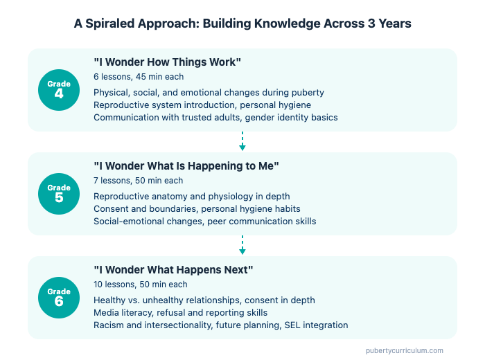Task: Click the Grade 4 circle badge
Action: [x=59, y=90]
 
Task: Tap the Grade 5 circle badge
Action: [x=59, y=193]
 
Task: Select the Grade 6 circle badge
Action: [x=59, y=297]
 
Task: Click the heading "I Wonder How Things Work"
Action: [x=167, y=62]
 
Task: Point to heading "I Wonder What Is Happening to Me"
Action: [x=186, y=166]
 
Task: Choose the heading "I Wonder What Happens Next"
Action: [x=173, y=270]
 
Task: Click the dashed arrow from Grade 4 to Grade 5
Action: [x=242, y=142]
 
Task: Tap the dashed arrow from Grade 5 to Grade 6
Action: [x=242, y=246]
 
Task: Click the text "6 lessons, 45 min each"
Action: [x=138, y=77]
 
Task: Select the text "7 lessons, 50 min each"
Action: [x=138, y=181]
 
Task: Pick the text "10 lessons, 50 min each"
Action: [x=141, y=285]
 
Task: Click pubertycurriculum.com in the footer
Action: [x=405, y=350]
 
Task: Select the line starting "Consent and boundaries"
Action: [x=197, y=208]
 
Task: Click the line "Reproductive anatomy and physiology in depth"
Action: [x=191, y=196]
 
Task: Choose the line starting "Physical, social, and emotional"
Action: [x=209, y=92]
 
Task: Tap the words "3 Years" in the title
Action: [x=391, y=24]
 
